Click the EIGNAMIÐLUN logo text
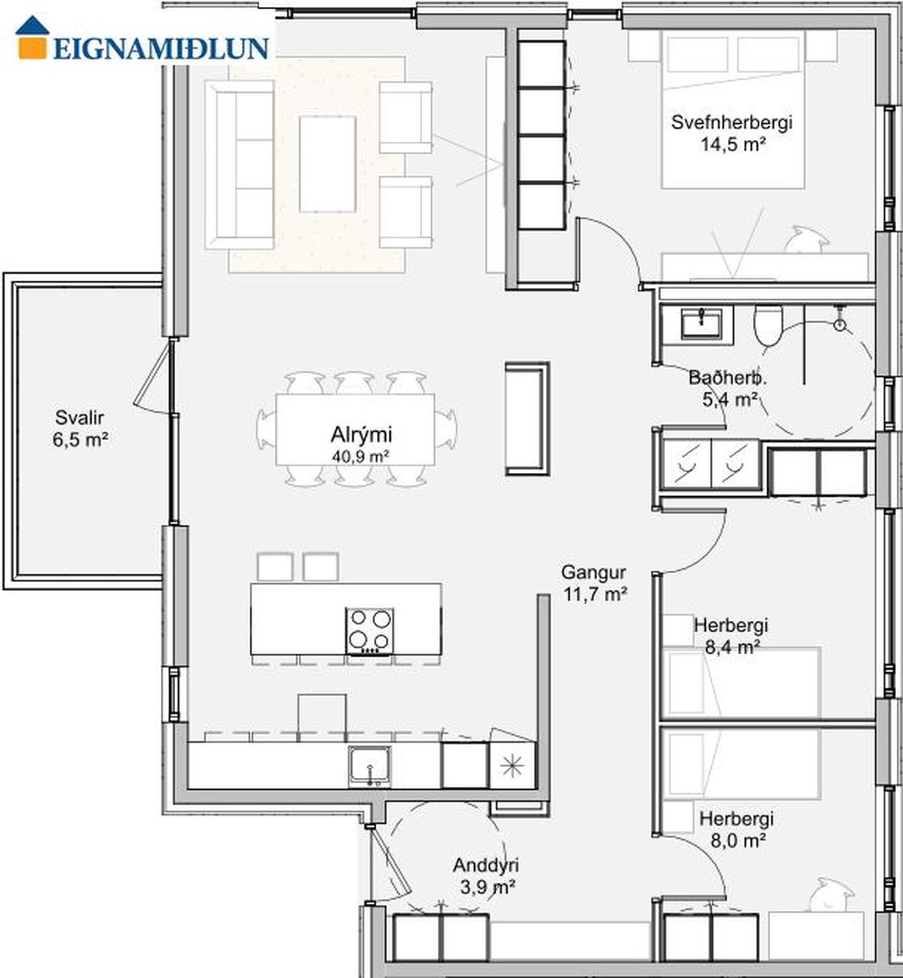click(x=161, y=48)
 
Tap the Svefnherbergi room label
click(x=732, y=122)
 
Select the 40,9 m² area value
click(x=362, y=456)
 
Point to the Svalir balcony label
click(x=80, y=418)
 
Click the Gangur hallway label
click(x=593, y=572)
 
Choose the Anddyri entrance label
click(x=486, y=865)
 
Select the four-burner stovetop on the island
click(x=369, y=632)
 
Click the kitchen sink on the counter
click(x=369, y=767)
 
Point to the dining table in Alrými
click(x=356, y=429)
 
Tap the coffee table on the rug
click(x=328, y=164)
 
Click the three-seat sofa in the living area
click(x=239, y=165)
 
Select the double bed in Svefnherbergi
click(x=733, y=108)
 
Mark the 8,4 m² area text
click(x=732, y=647)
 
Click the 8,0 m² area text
click(x=738, y=840)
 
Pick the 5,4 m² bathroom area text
click(x=729, y=400)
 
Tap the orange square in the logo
click(x=33, y=47)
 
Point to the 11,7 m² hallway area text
click(x=596, y=594)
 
